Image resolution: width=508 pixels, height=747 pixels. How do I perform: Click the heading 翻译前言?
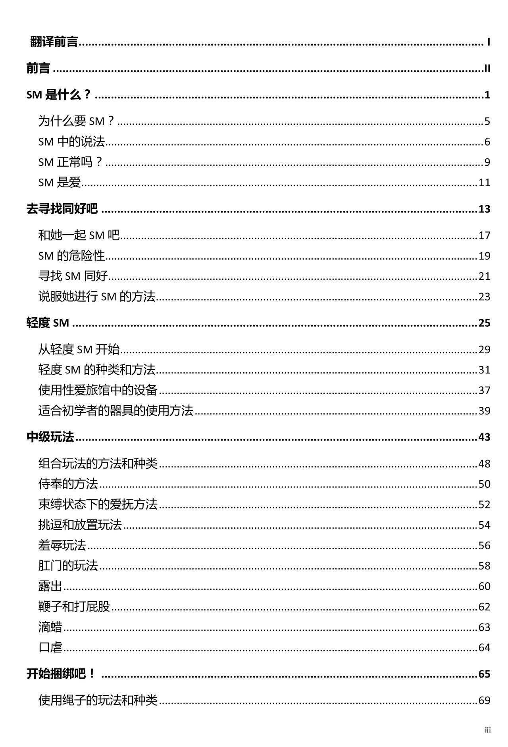tap(54, 42)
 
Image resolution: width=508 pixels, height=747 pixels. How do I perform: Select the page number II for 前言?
tap(487, 69)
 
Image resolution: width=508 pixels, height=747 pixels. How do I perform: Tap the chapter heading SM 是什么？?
tap(59, 95)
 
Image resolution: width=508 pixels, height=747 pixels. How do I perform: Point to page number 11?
tap(484, 183)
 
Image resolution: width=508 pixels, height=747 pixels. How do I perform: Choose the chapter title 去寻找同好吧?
tap(62, 209)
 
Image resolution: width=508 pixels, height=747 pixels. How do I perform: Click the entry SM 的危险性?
tap(71, 256)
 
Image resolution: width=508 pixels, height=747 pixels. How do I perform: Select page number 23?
tap(484, 296)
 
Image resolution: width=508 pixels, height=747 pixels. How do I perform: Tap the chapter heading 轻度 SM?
tap(48, 323)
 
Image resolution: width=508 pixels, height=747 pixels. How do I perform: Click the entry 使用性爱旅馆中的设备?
tap(98, 390)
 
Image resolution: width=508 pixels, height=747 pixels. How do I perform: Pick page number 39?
tap(484, 410)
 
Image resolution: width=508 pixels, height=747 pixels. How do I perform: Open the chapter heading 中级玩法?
tap(50, 437)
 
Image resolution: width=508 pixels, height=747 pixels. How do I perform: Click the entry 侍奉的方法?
tap(68, 484)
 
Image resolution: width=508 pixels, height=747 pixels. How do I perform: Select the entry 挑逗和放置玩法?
tap(80, 525)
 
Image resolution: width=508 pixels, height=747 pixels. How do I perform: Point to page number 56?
tap(484, 545)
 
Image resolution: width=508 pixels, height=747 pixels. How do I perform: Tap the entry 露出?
tap(50, 586)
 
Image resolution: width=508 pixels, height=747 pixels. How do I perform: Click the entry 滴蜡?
tap(50, 627)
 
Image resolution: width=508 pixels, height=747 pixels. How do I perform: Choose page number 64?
tap(484, 647)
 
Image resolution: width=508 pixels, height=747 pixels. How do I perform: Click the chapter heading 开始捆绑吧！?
tap(61, 674)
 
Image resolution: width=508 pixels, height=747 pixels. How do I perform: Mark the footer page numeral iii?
tap(488, 730)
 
